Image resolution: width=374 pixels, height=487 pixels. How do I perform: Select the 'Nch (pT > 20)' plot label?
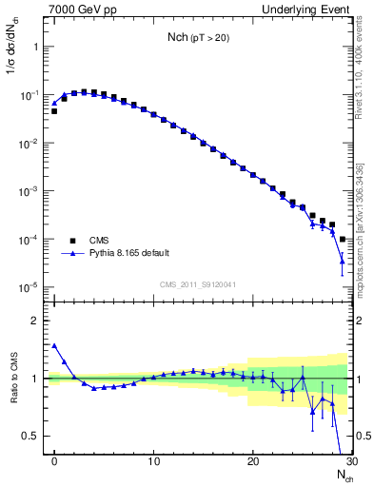coord(197,39)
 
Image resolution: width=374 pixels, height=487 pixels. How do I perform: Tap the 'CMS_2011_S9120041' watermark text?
coord(197,284)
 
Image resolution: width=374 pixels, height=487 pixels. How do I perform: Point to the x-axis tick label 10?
coord(153,462)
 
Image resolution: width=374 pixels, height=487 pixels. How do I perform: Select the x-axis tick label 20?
coord(252,462)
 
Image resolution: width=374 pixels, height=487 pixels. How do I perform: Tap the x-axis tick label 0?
coord(54,462)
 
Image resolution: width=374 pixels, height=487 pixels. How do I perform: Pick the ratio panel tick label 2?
coord(34,321)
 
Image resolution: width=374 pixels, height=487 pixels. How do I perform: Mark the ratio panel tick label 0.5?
coord(30,436)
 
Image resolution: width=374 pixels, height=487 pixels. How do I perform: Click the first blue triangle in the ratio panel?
coord(54,346)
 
